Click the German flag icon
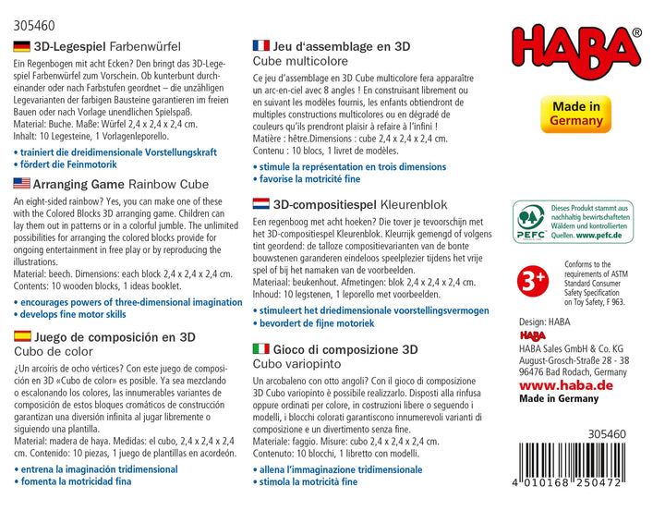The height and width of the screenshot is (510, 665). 22,45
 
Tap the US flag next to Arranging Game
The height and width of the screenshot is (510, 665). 22,183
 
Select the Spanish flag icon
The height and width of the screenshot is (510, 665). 22,337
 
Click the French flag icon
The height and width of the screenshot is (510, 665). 260,44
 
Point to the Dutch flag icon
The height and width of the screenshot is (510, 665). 260,201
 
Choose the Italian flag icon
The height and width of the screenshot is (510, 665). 260,348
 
